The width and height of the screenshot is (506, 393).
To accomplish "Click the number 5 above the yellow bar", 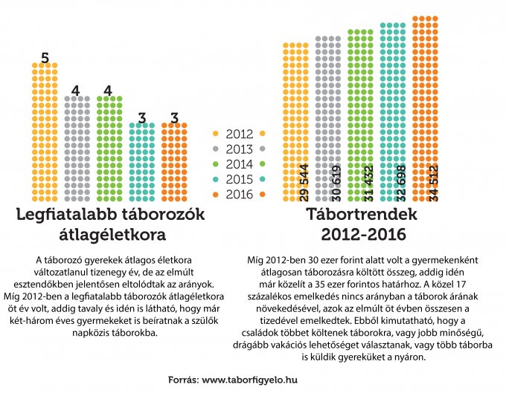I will pyautogui.click(x=45, y=57).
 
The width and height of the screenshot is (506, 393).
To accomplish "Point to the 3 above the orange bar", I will pyautogui.click(x=174, y=117).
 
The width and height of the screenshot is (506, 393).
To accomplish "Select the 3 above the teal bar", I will pyautogui.click(x=141, y=117).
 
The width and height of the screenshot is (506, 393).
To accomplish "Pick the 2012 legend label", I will pyautogui.click(x=238, y=134).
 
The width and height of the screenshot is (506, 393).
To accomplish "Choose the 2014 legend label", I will pyautogui.click(x=238, y=165).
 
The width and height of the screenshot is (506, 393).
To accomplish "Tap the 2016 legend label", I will pyautogui.click(x=238, y=195).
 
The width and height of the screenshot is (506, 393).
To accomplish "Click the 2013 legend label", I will pyautogui.click(x=238, y=149).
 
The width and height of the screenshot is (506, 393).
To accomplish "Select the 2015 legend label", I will pyautogui.click(x=238, y=180).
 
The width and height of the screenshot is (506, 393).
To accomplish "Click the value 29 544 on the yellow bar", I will pyautogui.click(x=304, y=182).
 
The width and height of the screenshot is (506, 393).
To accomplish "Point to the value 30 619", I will pyautogui.click(x=336, y=182).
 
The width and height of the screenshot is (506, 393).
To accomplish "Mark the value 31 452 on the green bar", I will pyautogui.click(x=368, y=182).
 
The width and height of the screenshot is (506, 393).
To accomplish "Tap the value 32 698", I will pyautogui.click(x=400, y=182).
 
